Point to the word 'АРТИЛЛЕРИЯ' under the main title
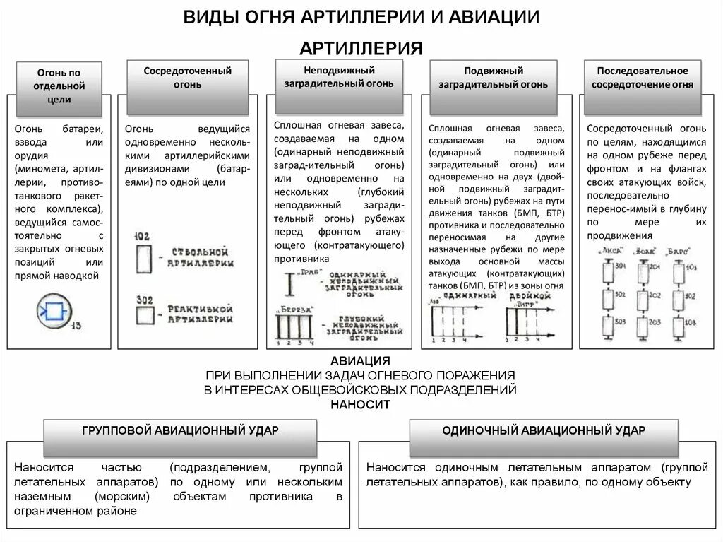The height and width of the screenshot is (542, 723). click(x=361, y=47)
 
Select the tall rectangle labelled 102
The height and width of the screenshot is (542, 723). click(x=143, y=258)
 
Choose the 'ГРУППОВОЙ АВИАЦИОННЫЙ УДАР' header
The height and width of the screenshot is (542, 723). click(x=180, y=430)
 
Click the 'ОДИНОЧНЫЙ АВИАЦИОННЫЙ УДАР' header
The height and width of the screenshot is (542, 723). click(x=544, y=430)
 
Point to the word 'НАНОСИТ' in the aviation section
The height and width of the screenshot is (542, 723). click(x=361, y=405)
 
